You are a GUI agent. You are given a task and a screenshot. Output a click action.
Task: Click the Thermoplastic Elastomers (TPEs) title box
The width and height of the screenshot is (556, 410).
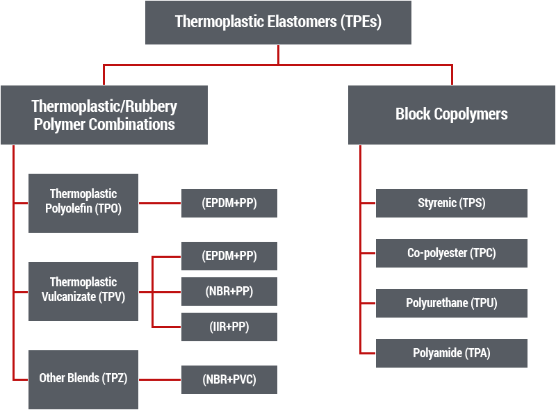(279, 22)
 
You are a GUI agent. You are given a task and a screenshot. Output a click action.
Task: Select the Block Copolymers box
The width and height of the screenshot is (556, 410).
(451, 115)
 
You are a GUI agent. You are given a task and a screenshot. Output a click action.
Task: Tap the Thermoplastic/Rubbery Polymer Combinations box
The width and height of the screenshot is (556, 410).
(104, 115)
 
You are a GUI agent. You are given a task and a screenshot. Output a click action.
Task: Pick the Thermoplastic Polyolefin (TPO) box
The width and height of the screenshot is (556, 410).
(83, 203)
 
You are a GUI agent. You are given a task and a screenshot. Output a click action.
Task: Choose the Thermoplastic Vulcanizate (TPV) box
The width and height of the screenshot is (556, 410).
(83, 291)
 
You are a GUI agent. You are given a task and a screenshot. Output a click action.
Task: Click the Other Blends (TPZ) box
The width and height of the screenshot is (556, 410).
(83, 379)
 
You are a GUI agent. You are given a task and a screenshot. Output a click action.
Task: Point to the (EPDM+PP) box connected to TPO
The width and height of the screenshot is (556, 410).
(229, 203)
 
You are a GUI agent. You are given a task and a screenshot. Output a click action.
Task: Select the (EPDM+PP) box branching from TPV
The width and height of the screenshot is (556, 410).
(229, 256)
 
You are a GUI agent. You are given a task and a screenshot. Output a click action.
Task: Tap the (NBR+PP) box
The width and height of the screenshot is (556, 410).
(229, 291)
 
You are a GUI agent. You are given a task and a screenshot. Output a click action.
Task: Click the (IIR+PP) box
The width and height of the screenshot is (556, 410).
(229, 327)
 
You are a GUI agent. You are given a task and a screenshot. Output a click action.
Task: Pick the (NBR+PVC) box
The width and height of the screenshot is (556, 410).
(229, 379)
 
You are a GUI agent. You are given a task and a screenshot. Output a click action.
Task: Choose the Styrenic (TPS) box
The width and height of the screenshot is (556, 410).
(451, 203)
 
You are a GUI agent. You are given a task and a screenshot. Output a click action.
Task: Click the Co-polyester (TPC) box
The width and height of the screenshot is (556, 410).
(451, 253)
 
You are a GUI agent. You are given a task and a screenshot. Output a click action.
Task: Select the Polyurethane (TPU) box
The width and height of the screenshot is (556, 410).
(451, 303)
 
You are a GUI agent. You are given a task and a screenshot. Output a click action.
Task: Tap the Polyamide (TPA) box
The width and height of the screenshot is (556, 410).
(451, 353)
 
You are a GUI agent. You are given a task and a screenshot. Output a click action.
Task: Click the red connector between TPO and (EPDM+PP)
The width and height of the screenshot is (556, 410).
(160, 203)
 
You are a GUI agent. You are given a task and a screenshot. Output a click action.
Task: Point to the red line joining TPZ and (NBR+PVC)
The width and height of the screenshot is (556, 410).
(160, 379)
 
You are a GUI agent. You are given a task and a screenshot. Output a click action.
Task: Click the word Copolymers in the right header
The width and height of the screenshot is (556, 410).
(471, 115)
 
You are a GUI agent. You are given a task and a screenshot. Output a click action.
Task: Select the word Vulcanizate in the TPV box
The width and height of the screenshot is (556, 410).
(69, 297)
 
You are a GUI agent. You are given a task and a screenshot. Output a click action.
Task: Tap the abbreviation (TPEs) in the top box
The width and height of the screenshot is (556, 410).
(361, 22)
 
